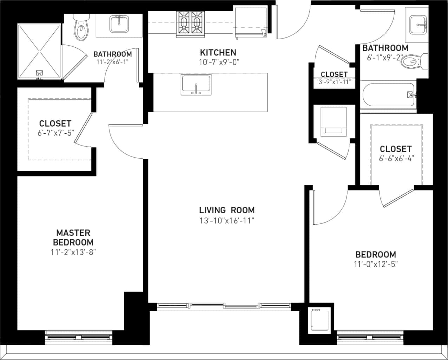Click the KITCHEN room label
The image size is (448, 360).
click(218, 53)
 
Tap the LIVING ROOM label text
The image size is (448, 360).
click(226, 210)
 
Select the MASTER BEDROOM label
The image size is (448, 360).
click(73, 237)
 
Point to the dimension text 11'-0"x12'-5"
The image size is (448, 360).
click(375, 264)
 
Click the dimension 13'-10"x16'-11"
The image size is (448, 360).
click(226, 221)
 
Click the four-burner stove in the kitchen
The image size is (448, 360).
click(191, 23)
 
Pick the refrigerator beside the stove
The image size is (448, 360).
click(251, 22)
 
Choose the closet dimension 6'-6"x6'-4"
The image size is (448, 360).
click(395, 158)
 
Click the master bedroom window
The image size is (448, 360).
click(79, 338)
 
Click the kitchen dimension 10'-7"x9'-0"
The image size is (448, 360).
click(218, 62)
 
